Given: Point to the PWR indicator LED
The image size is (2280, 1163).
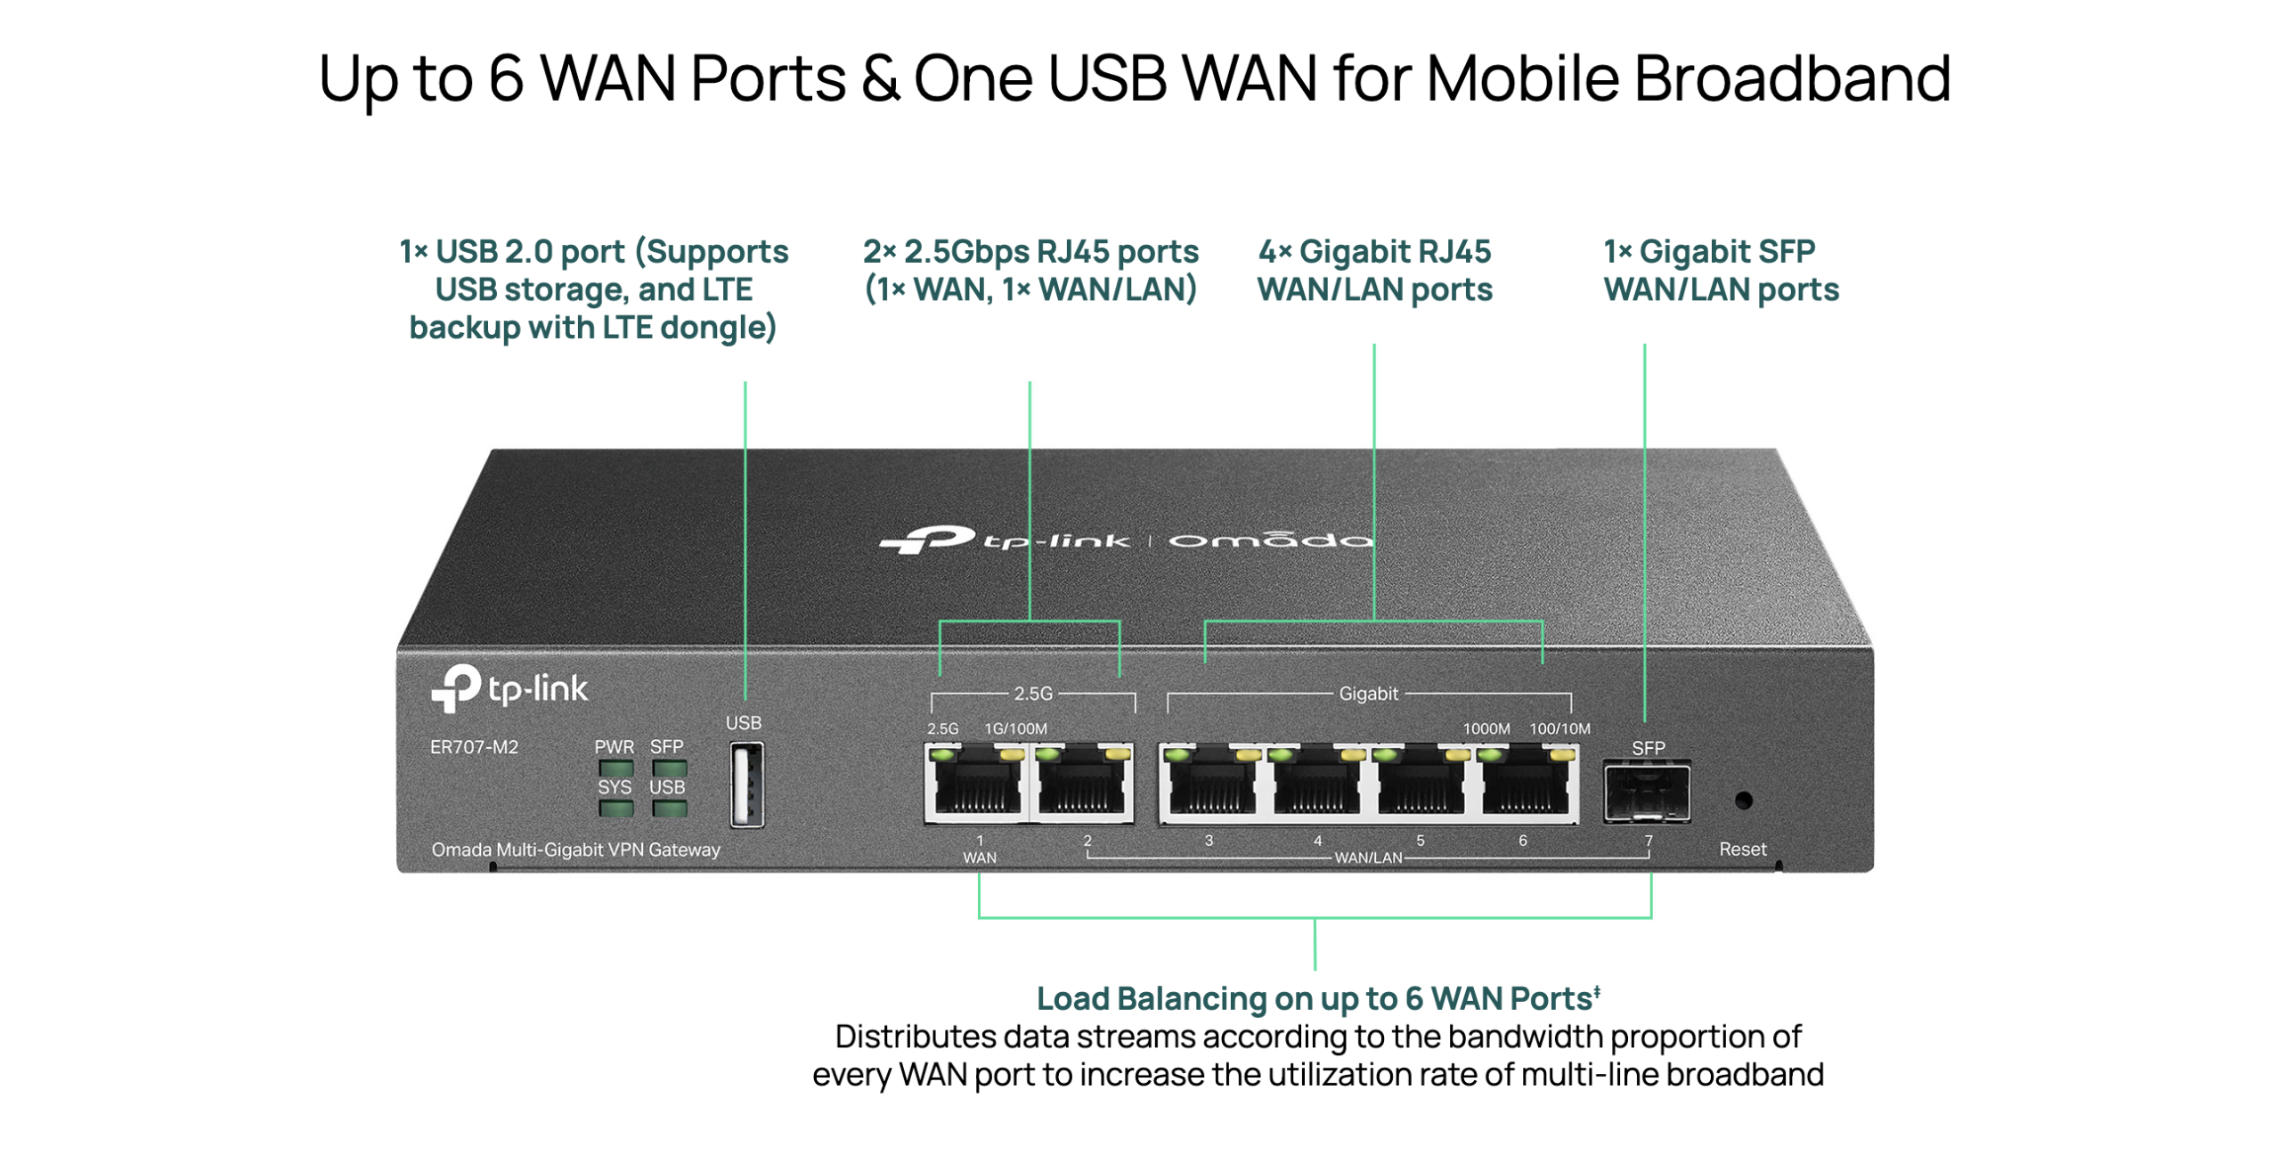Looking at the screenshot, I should [x=615, y=767].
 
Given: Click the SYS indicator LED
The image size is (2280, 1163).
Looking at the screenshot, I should [x=615, y=807].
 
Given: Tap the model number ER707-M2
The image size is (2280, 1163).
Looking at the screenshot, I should [x=474, y=746].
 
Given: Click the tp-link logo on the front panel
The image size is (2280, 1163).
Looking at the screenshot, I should [x=509, y=687].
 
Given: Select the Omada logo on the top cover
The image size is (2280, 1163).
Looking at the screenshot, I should [x=1269, y=540].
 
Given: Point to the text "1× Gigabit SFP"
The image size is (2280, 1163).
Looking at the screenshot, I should [x=1708, y=252].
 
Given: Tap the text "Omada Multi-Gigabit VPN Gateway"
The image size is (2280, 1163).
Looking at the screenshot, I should [x=575, y=850].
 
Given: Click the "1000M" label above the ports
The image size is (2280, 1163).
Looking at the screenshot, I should [x=1486, y=728].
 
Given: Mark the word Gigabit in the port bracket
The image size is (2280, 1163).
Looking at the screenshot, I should [x=1368, y=693].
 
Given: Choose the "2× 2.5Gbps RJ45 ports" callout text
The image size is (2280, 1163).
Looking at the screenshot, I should [x=1030, y=252].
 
